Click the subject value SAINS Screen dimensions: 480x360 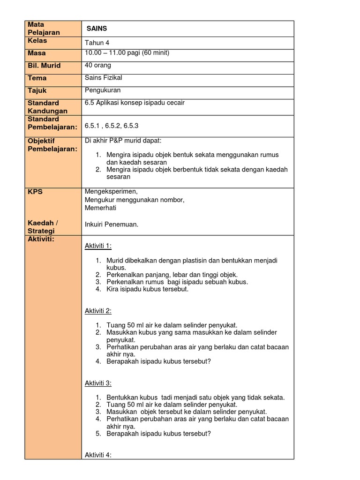click(x=97, y=29)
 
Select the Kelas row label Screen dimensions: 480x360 click(x=37, y=41)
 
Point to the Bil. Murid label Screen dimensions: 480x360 click(x=44, y=66)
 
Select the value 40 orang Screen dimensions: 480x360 click(x=98, y=65)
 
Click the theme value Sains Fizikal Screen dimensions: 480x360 click(x=103, y=78)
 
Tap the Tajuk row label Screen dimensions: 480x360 click(x=37, y=90)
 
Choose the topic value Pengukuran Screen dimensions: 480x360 click(x=102, y=90)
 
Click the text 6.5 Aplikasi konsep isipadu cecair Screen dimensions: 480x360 click(x=135, y=103)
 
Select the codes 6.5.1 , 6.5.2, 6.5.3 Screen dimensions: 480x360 click(x=112, y=126)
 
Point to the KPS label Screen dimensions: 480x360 click(x=35, y=192)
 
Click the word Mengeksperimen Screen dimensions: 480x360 click(x=112, y=191)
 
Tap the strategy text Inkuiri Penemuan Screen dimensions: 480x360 click(x=112, y=225)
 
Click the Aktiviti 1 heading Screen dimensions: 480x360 click(x=98, y=246)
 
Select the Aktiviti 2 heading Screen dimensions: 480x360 click(x=98, y=311)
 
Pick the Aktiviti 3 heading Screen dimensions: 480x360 click(x=98, y=383)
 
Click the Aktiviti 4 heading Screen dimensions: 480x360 click(x=98, y=455)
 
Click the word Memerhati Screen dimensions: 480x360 click(x=100, y=208)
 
